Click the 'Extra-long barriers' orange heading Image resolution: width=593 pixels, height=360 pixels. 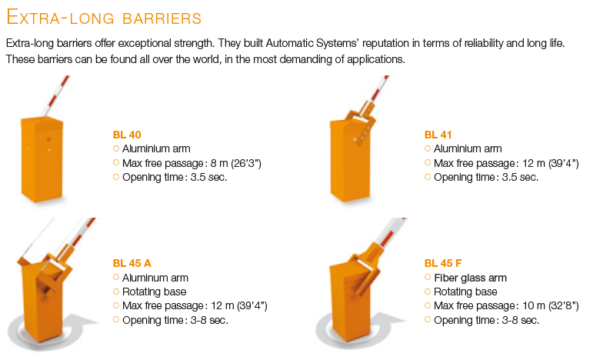(104, 17)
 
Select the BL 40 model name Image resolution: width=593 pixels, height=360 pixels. (127, 135)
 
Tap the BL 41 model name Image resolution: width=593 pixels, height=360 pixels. (438, 135)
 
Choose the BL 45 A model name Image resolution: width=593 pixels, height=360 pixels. (132, 263)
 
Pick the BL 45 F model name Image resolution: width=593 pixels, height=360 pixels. (443, 263)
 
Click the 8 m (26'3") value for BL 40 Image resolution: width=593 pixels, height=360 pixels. (235, 163)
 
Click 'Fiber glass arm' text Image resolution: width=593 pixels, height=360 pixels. (470, 278)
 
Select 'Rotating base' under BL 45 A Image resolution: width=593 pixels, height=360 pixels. (155, 292)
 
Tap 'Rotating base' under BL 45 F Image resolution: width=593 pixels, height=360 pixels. (465, 292)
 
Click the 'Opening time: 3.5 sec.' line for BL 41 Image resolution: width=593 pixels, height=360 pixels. (486, 178)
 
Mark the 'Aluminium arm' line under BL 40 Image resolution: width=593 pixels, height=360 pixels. (156, 149)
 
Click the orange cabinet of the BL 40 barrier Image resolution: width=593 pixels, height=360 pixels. (42, 159)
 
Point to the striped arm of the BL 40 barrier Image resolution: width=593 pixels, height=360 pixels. (55, 95)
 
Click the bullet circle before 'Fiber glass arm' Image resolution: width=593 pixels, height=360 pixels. (428, 277)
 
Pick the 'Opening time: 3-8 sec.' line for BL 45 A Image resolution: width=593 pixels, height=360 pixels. (175, 320)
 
